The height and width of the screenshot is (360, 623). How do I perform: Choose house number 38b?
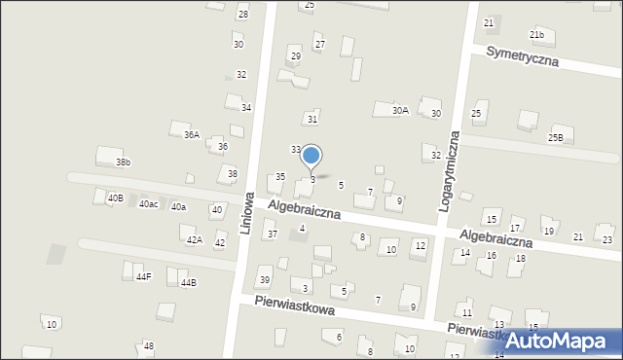123,162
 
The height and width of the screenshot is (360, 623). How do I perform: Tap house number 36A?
191,135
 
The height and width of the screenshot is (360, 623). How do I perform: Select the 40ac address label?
148,204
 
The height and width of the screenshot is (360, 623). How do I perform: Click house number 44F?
143,277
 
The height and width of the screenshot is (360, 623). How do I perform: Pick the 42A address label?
194,240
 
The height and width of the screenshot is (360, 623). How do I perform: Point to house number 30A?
400,111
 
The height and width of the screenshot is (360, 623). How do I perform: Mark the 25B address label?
555,138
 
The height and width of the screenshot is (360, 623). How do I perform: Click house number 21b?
536,35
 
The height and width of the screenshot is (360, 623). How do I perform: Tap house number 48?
148,346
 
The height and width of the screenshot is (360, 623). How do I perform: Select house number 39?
264,280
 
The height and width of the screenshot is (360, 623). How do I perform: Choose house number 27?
319,46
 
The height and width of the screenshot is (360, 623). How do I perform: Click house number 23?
607,239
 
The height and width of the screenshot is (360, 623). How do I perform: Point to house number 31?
312,119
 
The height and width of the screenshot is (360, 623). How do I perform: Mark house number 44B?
188,283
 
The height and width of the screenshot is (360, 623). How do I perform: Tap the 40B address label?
116,198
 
